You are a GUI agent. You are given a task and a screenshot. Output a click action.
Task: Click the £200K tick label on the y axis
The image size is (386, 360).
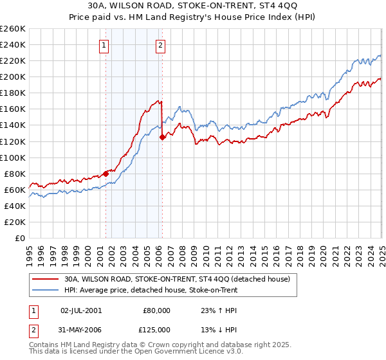point(12,76)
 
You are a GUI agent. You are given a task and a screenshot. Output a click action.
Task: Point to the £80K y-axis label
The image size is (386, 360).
point(14,174)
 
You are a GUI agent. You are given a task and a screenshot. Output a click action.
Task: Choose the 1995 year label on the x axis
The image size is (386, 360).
point(29,251)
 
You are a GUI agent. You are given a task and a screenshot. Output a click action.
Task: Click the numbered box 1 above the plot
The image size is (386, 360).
point(104,45)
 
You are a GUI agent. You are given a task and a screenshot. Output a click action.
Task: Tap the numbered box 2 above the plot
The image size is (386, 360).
point(160,45)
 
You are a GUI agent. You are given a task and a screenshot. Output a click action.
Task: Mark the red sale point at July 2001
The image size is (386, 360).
point(106,174)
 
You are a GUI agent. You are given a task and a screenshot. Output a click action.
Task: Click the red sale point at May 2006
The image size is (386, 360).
point(162,137)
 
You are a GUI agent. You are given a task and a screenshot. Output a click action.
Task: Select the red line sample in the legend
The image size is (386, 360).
point(45,280)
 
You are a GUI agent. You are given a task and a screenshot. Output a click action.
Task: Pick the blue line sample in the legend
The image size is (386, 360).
point(45,290)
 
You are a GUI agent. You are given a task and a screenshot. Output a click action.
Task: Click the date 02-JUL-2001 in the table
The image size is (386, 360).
point(80,310)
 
